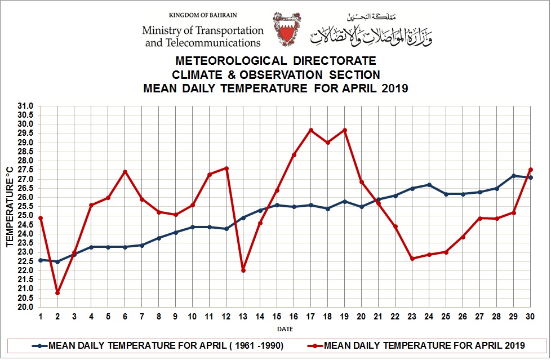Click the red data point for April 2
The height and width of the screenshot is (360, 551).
click(x=57, y=293)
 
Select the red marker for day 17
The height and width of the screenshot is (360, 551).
click(x=311, y=130)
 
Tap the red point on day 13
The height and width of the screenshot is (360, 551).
click(x=243, y=270)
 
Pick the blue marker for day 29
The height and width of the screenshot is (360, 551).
click(x=514, y=176)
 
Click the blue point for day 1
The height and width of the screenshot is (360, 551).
click(x=41, y=260)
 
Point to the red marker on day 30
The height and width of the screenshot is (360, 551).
click(x=531, y=170)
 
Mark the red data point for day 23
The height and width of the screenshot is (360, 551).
click(x=412, y=259)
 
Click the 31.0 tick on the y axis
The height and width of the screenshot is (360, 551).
click(x=26, y=106)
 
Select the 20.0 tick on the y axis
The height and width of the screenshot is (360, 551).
click(x=26, y=307)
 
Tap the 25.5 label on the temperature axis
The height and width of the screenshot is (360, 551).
click(x=26, y=207)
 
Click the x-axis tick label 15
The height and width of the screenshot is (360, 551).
click(x=277, y=317)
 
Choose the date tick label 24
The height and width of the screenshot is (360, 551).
click(x=429, y=317)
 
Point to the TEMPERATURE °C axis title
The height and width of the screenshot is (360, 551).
click(x=10, y=206)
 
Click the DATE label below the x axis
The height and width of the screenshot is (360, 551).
click(x=285, y=329)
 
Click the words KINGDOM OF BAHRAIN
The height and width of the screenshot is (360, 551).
click(x=203, y=15)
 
